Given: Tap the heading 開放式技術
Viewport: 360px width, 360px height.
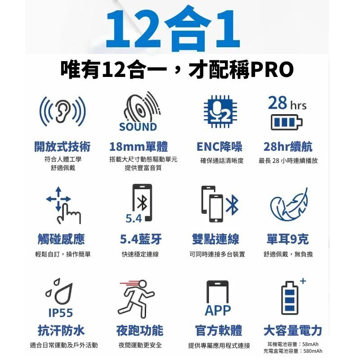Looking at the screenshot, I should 63,147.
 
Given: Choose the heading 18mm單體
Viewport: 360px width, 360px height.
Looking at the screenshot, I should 138,147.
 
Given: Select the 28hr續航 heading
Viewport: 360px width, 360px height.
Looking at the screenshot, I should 288,147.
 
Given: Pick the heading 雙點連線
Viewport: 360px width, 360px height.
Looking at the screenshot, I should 216,239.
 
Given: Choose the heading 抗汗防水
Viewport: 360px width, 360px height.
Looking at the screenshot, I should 61,331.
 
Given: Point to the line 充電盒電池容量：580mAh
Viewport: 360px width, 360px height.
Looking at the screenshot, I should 293,351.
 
